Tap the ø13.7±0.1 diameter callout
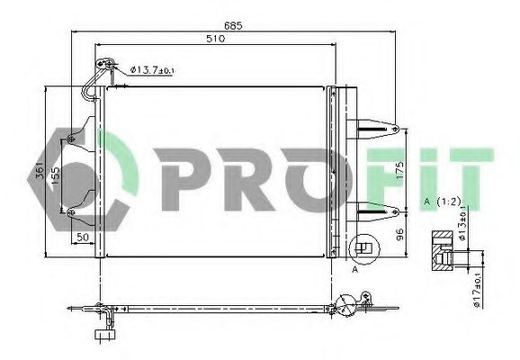point(154,68)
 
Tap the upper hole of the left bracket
point(71,137)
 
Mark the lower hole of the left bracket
point(71,212)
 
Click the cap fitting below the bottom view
point(100,337)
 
